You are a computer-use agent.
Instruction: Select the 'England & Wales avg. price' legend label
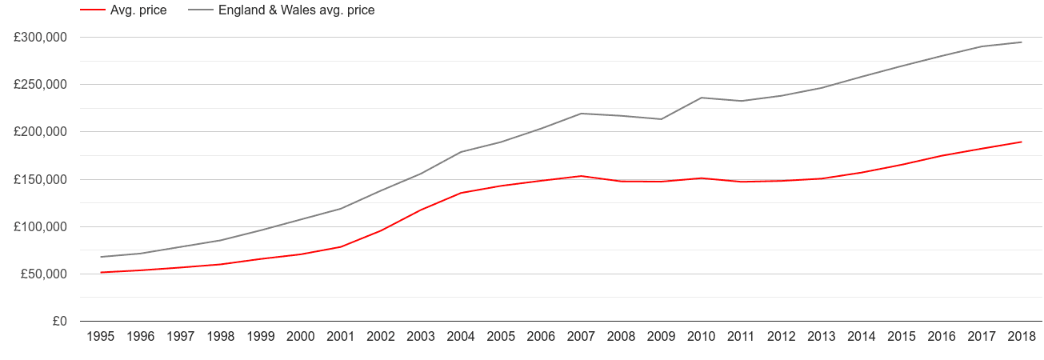tap(296, 10)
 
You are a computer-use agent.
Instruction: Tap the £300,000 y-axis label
tap(40, 38)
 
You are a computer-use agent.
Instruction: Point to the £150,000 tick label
tap(40, 179)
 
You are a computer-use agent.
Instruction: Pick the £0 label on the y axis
tap(59, 322)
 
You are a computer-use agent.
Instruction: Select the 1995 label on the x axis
tap(101, 337)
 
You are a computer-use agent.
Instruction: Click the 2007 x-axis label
tap(582, 337)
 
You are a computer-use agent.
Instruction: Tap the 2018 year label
tap(1022, 337)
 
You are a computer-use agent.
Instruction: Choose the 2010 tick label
tap(702, 337)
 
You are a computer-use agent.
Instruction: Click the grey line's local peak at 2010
tap(702, 98)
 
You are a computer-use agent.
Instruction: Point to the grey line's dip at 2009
tap(662, 119)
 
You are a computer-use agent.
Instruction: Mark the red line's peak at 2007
tap(582, 176)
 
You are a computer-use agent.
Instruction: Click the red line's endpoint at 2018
tap(1022, 142)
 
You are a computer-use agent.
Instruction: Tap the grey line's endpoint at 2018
tap(1022, 42)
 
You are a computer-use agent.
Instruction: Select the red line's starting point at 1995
tap(101, 273)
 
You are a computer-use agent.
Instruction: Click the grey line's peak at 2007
tap(582, 114)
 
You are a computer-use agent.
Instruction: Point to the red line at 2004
tap(462, 193)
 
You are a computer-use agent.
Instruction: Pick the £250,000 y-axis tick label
tap(40, 85)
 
